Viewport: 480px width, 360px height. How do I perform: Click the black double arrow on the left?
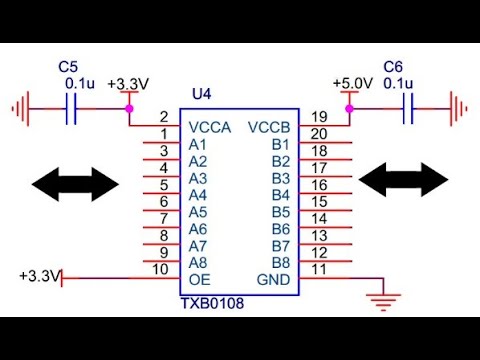click(x=75, y=182)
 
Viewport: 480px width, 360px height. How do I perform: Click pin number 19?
click(x=318, y=118)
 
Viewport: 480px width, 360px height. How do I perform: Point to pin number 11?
click(x=318, y=269)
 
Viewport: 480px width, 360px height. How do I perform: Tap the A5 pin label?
click(x=198, y=212)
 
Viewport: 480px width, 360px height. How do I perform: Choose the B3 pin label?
click(x=280, y=178)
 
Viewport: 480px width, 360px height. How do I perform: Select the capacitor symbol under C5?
click(x=71, y=109)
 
